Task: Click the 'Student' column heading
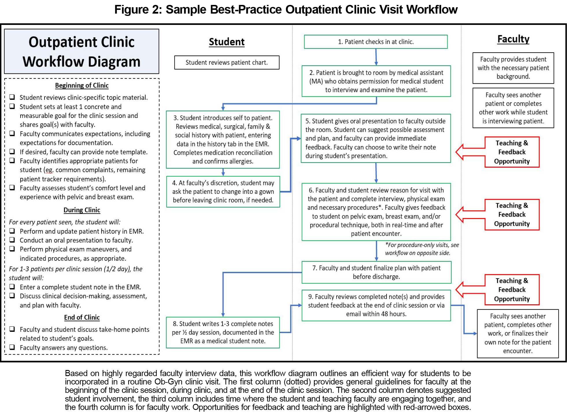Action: click(227, 42)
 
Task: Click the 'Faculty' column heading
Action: click(513, 39)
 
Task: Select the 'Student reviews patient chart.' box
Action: click(227, 62)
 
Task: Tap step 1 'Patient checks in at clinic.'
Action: click(376, 42)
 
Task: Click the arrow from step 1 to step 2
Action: click(376, 57)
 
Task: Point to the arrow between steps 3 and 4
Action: click(223, 172)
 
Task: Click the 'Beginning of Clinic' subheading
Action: click(82, 85)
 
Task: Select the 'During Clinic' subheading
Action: click(82, 210)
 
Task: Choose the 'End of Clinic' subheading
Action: click(82, 317)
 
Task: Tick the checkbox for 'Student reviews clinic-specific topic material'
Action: click(12, 97)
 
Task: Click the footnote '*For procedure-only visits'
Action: click(422, 249)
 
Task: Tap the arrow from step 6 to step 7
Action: click(376, 251)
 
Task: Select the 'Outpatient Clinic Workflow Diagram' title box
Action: click(82, 51)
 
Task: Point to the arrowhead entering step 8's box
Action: click(223, 315)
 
